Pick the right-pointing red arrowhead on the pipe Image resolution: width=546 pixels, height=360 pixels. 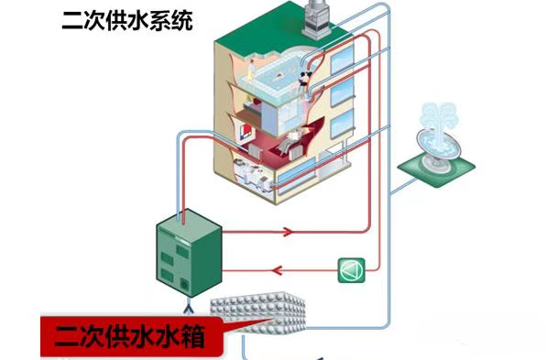coord(289,233)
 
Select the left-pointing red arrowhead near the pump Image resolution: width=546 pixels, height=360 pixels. coord(278,270)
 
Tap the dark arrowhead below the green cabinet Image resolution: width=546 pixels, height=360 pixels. coord(191,298)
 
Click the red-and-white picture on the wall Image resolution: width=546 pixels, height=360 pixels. coord(245,133)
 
